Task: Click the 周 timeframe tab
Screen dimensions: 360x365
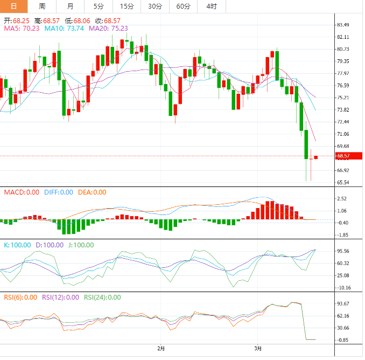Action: point(43,6)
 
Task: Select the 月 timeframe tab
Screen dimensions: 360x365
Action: point(71,6)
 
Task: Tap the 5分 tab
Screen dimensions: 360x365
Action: point(99,6)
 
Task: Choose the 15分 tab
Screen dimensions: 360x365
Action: point(127,6)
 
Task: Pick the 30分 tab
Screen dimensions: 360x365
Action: point(155,6)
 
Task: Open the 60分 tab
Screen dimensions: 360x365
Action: point(183,6)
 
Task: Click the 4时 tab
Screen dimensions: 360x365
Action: point(211,6)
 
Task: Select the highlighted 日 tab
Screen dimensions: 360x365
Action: point(14,6)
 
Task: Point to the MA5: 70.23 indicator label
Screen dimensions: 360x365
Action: point(22,28)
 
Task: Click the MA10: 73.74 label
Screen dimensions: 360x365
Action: point(64,28)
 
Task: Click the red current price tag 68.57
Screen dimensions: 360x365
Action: point(344,156)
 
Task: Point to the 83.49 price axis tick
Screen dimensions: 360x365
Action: point(344,25)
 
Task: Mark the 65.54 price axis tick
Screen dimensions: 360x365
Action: point(344,183)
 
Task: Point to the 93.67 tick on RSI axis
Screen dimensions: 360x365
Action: point(344,304)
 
